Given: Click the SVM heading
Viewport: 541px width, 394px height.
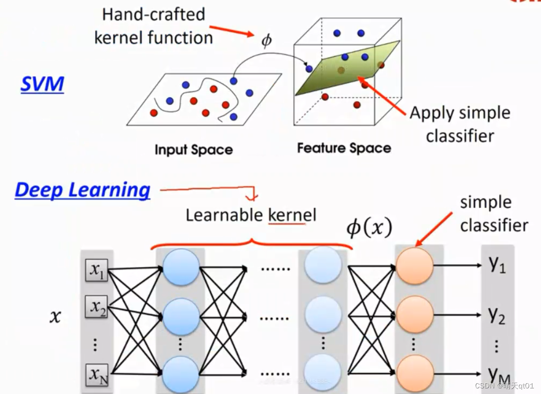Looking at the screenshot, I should [42, 84].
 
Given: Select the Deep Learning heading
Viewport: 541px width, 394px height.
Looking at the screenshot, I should [82, 189].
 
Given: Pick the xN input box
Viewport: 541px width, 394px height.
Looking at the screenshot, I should [97, 376].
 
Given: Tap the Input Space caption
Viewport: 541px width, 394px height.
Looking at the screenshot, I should [193, 150].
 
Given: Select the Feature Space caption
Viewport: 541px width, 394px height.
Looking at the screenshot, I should [344, 148].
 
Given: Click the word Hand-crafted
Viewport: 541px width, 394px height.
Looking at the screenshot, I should [153, 14].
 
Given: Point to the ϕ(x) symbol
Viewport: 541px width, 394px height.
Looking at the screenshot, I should [369, 228].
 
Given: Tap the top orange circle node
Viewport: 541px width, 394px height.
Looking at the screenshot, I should [414, 265].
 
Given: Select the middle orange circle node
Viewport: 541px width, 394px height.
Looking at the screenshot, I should [414, 316].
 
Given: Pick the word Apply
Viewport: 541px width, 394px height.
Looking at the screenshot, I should [432, 113].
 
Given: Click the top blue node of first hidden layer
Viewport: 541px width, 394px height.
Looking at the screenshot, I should [181, 267].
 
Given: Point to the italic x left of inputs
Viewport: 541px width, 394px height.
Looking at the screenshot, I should [56, 317].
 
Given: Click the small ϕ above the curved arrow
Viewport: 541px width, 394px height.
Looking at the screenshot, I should [266, 41].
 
